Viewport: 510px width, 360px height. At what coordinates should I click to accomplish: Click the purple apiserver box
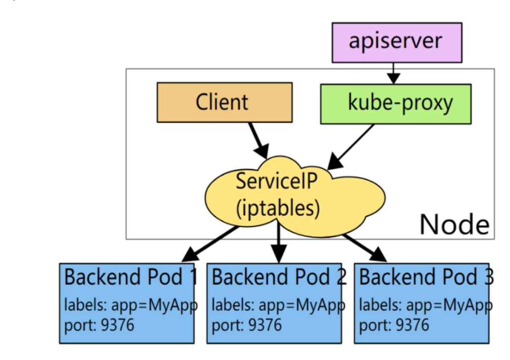click(396, 42)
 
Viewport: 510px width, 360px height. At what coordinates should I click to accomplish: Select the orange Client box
click(224, 102)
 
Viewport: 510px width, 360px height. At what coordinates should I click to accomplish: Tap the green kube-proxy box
click(395, 104)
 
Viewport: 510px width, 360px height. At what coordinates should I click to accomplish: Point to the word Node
click(454, 224)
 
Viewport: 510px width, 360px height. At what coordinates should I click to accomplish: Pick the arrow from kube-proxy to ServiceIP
click(351, 147)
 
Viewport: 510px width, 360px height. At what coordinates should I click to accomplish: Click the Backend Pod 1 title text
click(130, 277)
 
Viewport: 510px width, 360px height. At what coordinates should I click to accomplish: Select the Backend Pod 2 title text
click(279, 277)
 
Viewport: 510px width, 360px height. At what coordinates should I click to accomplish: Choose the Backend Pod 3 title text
click(426, 277)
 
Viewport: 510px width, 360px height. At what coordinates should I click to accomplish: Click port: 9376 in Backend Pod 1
click(99, 324)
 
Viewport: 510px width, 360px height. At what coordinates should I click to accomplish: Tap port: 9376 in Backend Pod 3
click(394, 324)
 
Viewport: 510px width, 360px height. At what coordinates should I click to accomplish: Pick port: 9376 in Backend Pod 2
click(246, 324)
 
